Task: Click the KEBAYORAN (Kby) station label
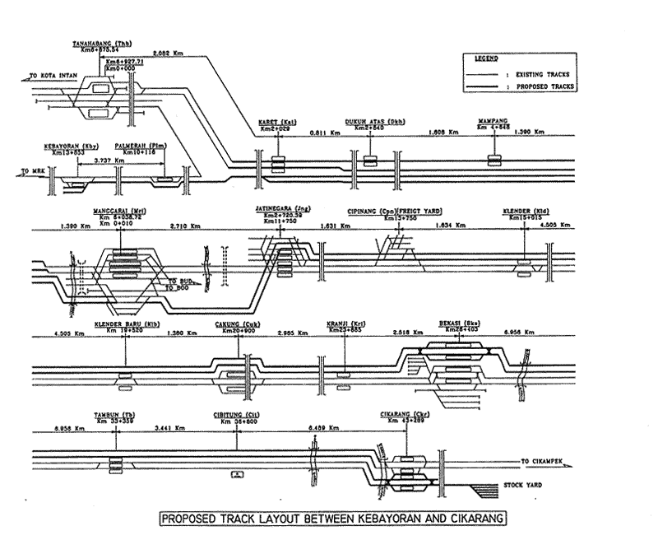tap(69, 145)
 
